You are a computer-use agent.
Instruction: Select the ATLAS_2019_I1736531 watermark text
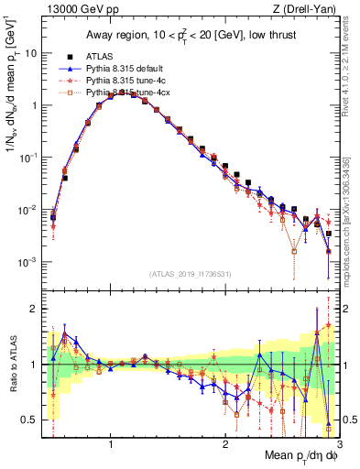pyautogui.click(x=191, y=273)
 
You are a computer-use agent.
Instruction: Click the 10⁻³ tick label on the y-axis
pyautogui.click(x=27, y=262)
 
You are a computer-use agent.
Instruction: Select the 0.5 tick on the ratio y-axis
pyautogui.click(x=28, y=420)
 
